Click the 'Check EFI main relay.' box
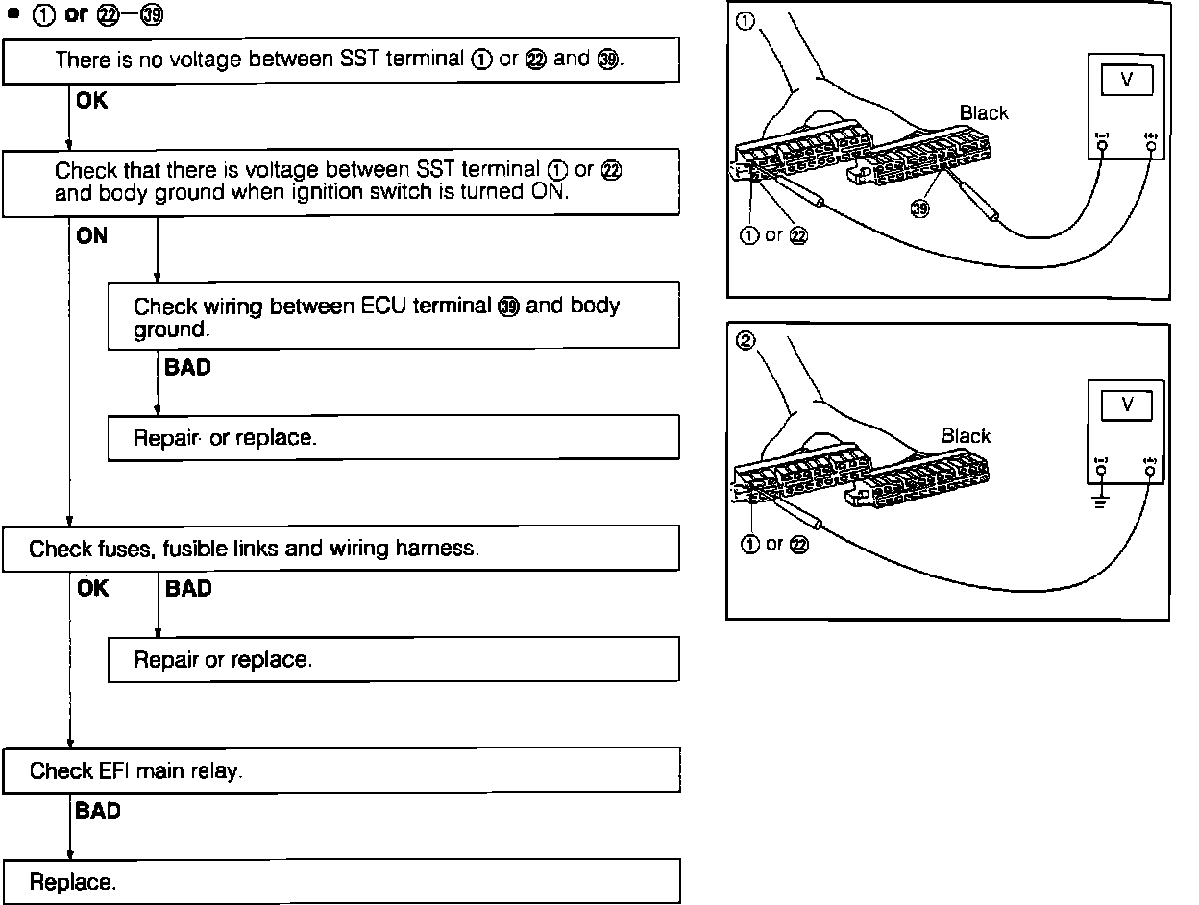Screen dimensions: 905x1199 340,770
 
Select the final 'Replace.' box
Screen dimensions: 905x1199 340,882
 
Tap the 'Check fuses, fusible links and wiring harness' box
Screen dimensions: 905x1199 340,549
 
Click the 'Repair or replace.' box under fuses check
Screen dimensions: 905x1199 393,660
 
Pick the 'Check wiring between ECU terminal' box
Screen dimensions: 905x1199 393,316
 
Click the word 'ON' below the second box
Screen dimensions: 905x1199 92,235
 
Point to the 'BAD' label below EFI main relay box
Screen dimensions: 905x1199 98,812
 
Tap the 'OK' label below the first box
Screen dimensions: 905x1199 92,100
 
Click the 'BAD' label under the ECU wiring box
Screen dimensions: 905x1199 187,367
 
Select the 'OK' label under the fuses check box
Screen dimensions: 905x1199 92,589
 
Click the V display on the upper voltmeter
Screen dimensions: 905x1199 1127,81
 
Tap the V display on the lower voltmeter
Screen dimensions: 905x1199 1127,405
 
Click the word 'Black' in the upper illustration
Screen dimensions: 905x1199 984,113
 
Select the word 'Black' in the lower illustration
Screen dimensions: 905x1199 966,436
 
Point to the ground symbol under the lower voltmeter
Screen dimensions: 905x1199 1101,500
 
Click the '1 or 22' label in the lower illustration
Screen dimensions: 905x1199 773,544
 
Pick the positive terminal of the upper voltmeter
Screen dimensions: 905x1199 1150,145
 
